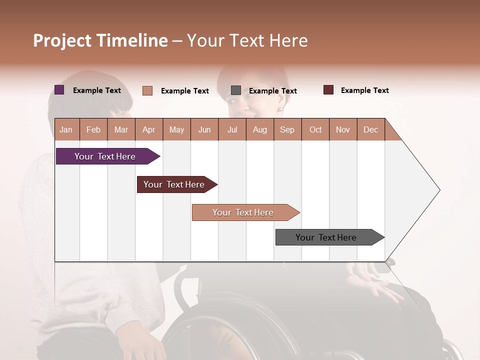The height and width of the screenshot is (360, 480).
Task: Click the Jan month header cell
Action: click(66, 129)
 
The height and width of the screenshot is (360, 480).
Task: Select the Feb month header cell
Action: click(93, 129)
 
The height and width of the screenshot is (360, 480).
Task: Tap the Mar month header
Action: click(121, 129)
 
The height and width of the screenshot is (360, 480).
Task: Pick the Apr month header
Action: click(149, 129)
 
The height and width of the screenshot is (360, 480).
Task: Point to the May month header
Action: click(176, 129)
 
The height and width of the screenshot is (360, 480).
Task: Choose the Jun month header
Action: click(204, 129)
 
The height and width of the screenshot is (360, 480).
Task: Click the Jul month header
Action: click(232, 129)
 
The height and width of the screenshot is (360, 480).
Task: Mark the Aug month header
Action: click(260, 129)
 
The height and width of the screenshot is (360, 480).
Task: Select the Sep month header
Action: click(287, 129)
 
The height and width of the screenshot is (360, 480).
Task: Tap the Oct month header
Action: click(315, 129)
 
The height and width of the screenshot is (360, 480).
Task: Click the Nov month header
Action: click(343, 129)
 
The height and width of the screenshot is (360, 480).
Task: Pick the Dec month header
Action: click(371, 129)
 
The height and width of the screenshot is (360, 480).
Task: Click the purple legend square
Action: click(59, 90)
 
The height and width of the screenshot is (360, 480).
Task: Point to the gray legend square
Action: click(236, 90)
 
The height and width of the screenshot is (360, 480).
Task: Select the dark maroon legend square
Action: click(328, 90)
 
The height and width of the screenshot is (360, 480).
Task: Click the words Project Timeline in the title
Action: click(100, 40)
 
